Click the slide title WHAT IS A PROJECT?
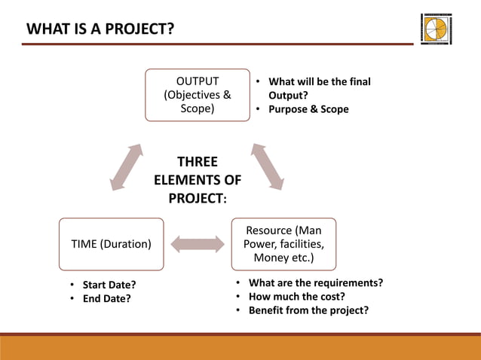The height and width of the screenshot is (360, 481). click(100, 29)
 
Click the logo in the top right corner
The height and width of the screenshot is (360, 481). click(437, 29)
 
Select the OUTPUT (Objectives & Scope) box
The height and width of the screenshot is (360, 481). click(198, 95)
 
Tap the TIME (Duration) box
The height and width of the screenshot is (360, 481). click(111, 244)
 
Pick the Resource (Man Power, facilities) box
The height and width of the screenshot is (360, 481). click(283, 244)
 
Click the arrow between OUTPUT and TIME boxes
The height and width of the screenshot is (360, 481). click(126, 166)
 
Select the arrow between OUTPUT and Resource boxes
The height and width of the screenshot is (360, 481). click(268, 166)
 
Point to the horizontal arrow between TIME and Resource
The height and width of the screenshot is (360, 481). click(198, 244)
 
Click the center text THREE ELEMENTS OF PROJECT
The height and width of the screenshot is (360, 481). click(198, 181)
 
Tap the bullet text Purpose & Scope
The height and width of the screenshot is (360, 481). click(308, 109)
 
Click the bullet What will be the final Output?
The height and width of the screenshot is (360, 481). click(319, 89)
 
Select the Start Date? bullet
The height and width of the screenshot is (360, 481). click(109, 285)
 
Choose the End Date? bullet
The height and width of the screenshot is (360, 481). click(106, 298)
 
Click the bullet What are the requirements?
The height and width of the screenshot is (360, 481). click(315, 282)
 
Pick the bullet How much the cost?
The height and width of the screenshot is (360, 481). click(296, 296)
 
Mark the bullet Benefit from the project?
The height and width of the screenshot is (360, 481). click(308, 310)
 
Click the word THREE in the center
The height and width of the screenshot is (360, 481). click(198, 162)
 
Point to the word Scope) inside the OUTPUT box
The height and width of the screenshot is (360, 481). click(198, 108)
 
